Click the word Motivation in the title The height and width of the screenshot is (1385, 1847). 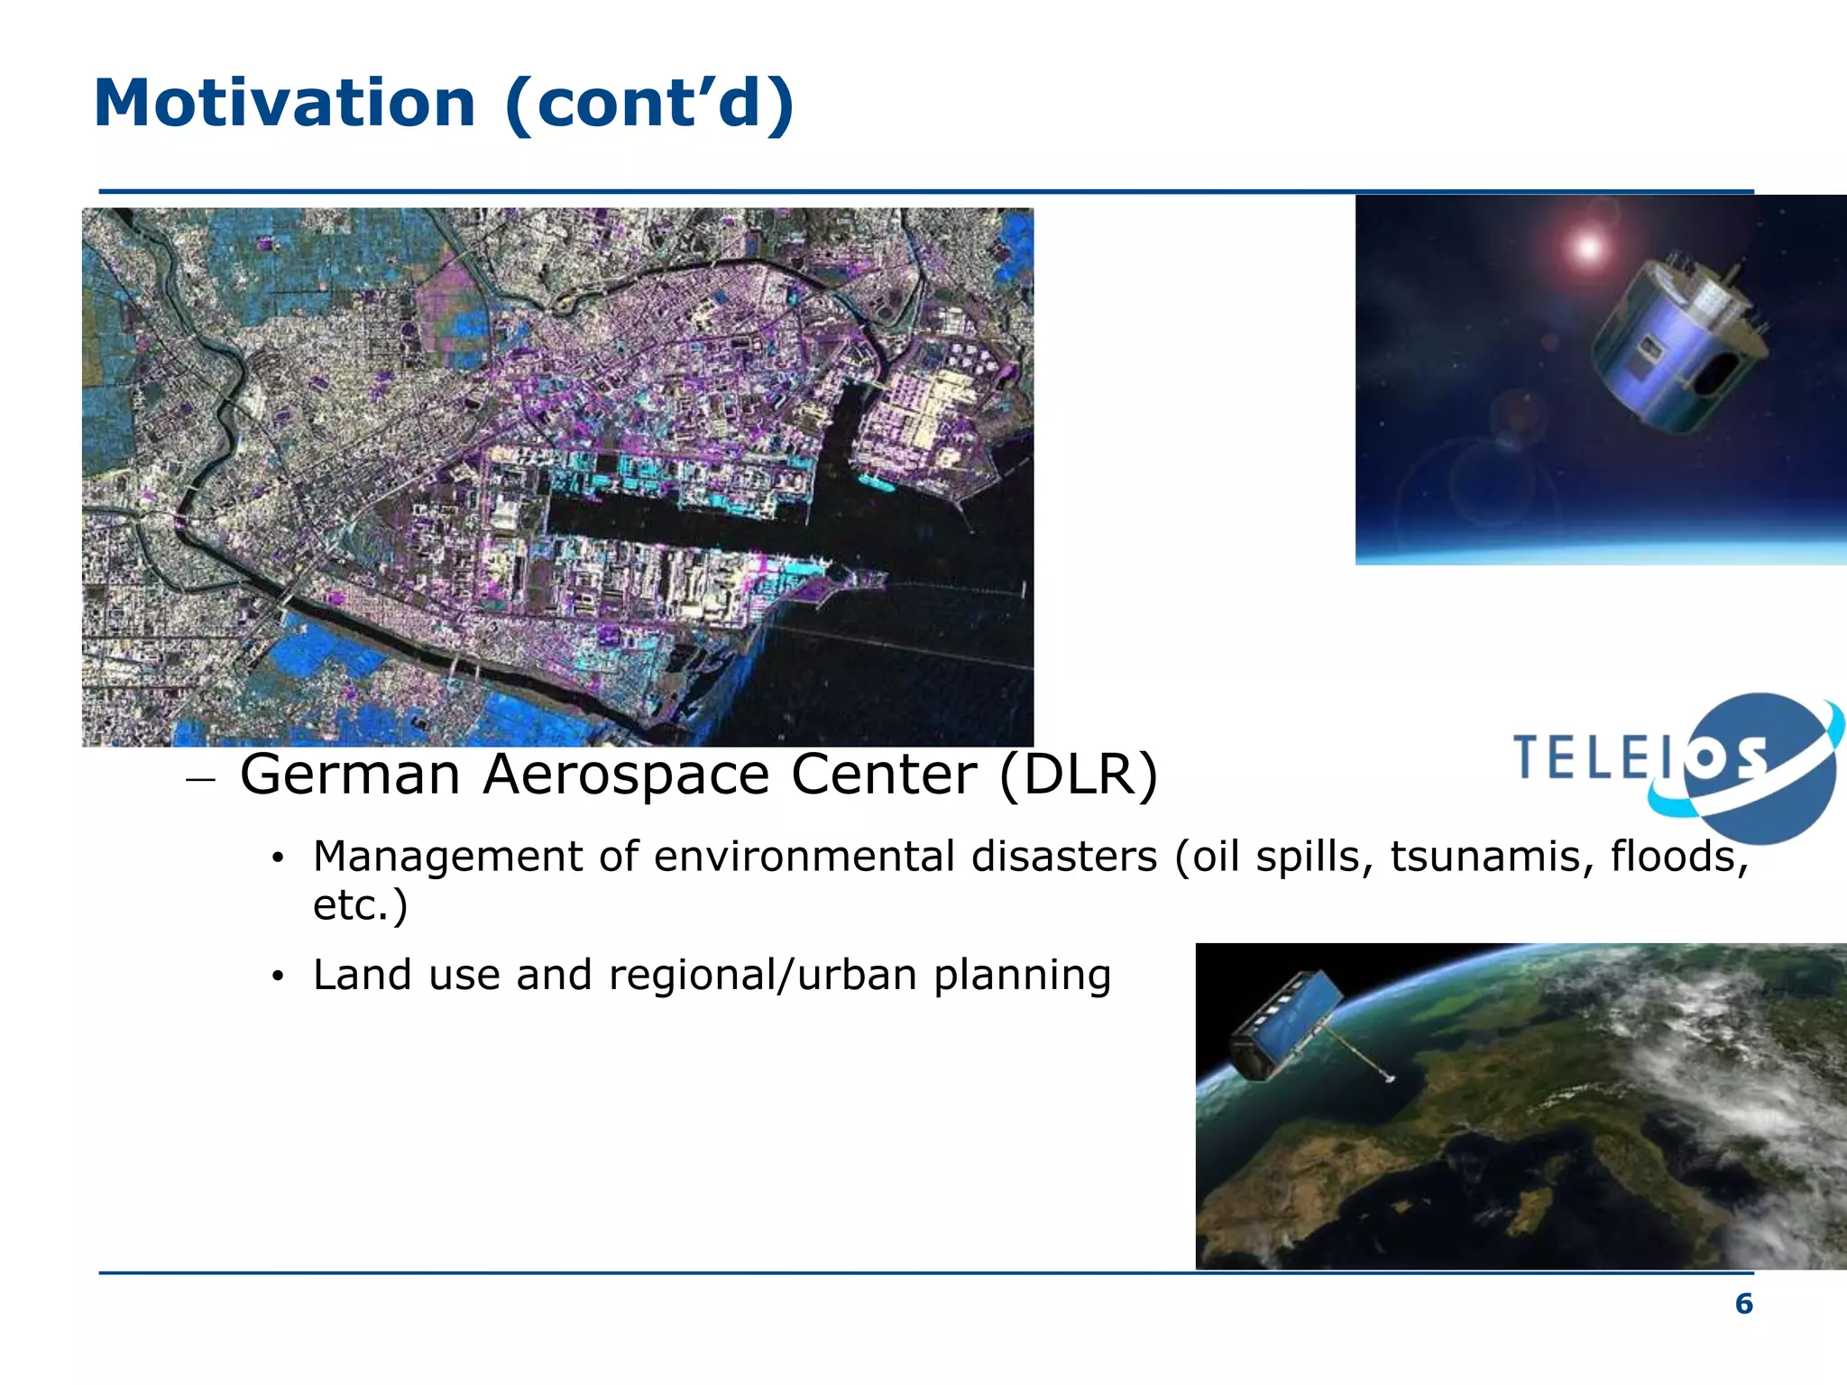[x=284, y=103]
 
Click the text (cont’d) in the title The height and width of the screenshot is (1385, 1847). [x=649, y=103]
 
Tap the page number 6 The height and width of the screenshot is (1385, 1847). [x=1744, y=1304]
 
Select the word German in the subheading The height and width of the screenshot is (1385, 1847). [x=350, y=775]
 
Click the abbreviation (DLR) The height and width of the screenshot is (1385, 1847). [x=1079, y=775]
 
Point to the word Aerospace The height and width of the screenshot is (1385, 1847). [x=626, y=775]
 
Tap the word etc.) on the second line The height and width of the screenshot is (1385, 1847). [x=360, y=904]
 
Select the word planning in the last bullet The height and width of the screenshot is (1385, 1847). [x=1022, y=976]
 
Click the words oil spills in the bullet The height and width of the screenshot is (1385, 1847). [x=1276, y=857]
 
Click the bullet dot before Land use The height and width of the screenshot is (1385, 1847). [x=278, y=977]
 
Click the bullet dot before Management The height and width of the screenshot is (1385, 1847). [x=278, y=858]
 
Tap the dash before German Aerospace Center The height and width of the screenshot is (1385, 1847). [x=200, y=779]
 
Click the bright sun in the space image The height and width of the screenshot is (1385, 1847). [x=1587, y=246]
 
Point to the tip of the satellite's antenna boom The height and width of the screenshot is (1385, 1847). [x=1390, y=1078]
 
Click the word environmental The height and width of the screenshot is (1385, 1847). [x=804, y=857]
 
